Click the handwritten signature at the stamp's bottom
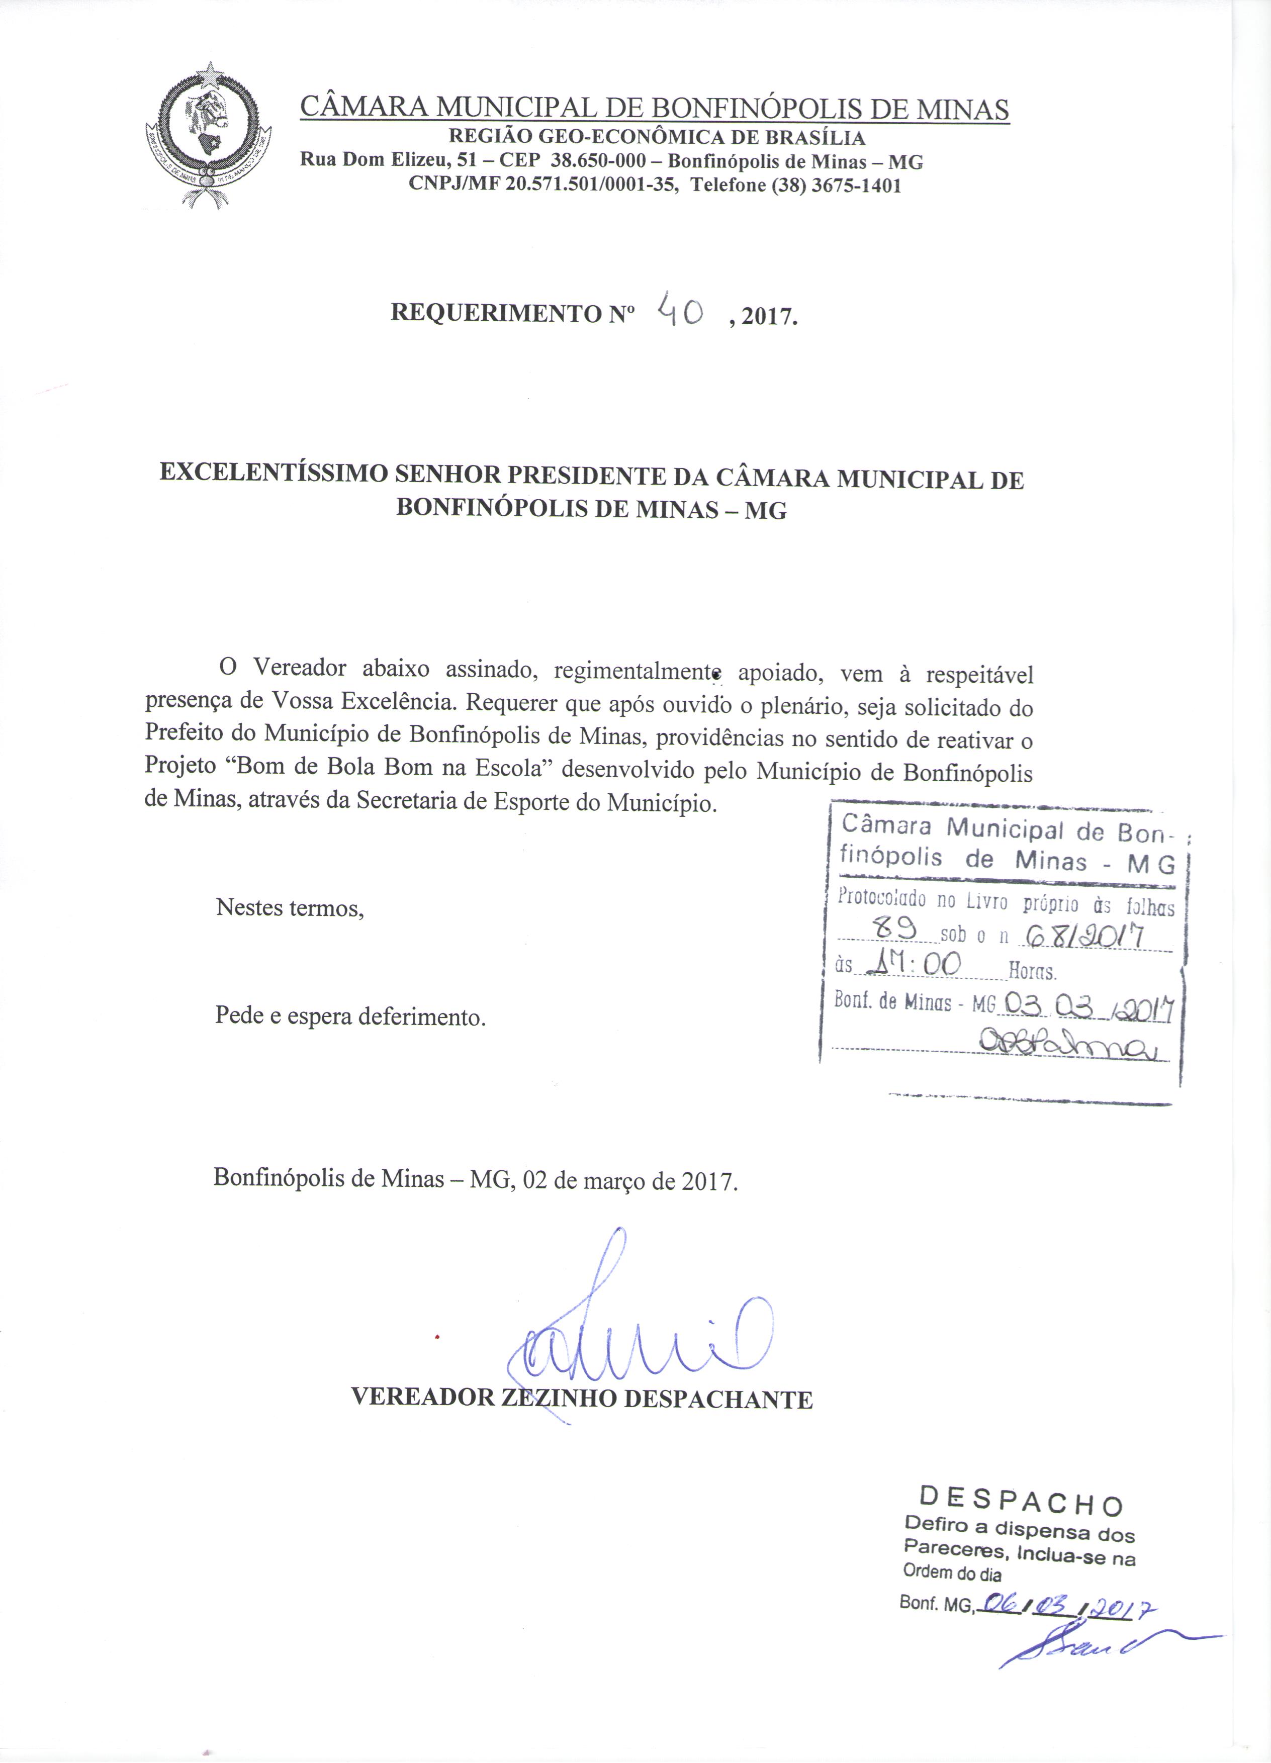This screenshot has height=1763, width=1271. tap(1072, 1043)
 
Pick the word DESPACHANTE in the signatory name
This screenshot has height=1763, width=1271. tap(718, 1399)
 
